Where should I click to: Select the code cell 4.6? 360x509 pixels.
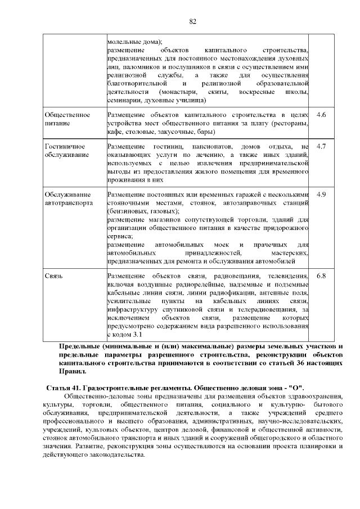tap(322, 115)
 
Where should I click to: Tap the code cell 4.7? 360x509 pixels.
tap(322, 146)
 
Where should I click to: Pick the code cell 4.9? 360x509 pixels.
tap(322, 194)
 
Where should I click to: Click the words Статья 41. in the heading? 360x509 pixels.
tap(63, 389)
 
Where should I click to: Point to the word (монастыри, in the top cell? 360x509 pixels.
tap(179, 91)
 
